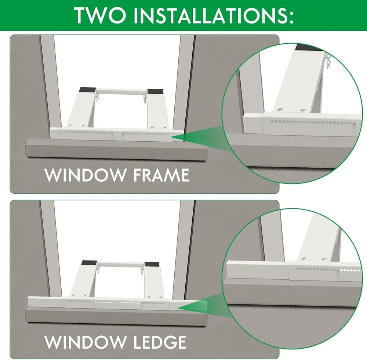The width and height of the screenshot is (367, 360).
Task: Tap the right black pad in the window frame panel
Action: [154, 91]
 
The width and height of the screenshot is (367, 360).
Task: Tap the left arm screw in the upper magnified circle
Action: [280, 109]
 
